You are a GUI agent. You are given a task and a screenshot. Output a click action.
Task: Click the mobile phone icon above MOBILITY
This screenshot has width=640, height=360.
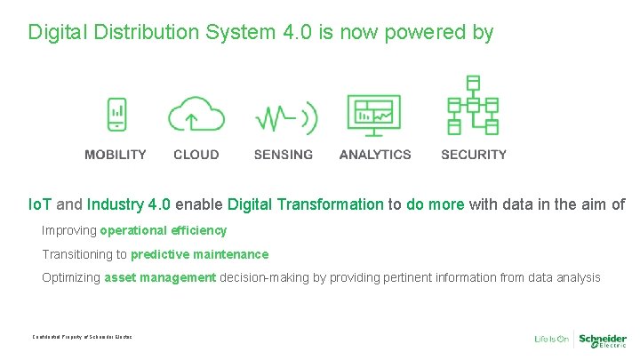click(116, 115)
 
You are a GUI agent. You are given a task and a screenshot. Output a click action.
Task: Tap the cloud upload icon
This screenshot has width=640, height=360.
click(196, 115)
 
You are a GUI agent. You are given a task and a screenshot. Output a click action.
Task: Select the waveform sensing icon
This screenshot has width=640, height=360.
click(284, 116)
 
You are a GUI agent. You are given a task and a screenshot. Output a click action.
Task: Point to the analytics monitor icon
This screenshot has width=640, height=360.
click(374, 116)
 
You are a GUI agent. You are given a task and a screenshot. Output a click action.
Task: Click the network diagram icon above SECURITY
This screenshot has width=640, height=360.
click(473, 106)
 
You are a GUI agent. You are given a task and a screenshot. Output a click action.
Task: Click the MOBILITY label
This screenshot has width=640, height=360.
click(116, 155)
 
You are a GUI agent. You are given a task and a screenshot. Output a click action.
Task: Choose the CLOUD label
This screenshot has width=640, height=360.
click(196, 155)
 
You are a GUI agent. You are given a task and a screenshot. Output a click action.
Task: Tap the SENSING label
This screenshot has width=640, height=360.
click(284, 155)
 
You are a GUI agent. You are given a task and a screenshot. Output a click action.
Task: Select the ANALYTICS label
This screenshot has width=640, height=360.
click(375, 155)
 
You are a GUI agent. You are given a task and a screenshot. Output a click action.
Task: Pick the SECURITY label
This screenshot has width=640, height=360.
click(474, 155)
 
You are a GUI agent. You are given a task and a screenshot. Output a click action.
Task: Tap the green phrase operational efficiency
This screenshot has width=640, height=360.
click(164, 230)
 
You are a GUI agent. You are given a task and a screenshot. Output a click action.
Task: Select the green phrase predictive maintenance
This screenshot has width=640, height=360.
click(199, 254)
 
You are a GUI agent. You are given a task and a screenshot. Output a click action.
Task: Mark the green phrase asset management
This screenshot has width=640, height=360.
click(160, 277)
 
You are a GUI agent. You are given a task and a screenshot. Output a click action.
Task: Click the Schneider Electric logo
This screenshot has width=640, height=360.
click(603, 340)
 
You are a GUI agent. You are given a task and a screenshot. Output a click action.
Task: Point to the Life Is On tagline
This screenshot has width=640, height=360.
click(551, 340)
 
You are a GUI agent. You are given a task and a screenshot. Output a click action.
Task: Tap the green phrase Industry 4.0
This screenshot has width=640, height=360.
click(124, 204)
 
